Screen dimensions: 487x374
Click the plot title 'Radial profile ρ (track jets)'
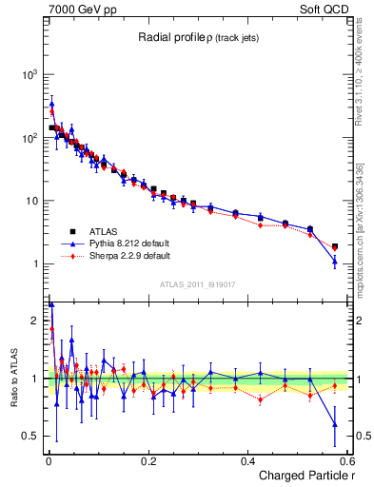coord(197,37)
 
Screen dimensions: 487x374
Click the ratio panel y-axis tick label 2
coord(34,321)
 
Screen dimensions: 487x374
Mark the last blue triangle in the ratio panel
coord(334,424)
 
